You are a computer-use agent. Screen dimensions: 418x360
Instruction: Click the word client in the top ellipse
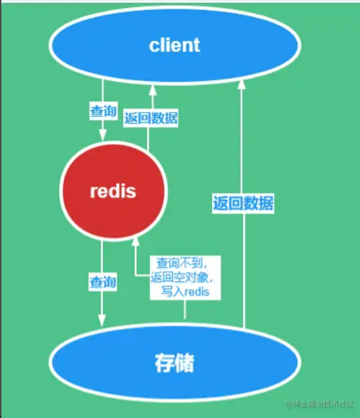pos(174,45)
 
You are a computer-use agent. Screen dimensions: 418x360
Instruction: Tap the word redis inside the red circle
pos(114,192)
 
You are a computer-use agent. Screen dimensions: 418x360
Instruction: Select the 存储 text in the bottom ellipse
pos(174,363)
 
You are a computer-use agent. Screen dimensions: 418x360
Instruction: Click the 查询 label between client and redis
pos(103,110)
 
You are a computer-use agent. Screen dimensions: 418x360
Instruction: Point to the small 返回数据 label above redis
pos(150,119)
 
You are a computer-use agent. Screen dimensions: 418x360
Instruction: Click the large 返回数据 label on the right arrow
pos(243,203)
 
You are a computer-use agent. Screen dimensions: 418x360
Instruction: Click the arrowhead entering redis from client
pos(103,135)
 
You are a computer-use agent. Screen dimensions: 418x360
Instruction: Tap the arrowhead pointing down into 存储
pos(103,320)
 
